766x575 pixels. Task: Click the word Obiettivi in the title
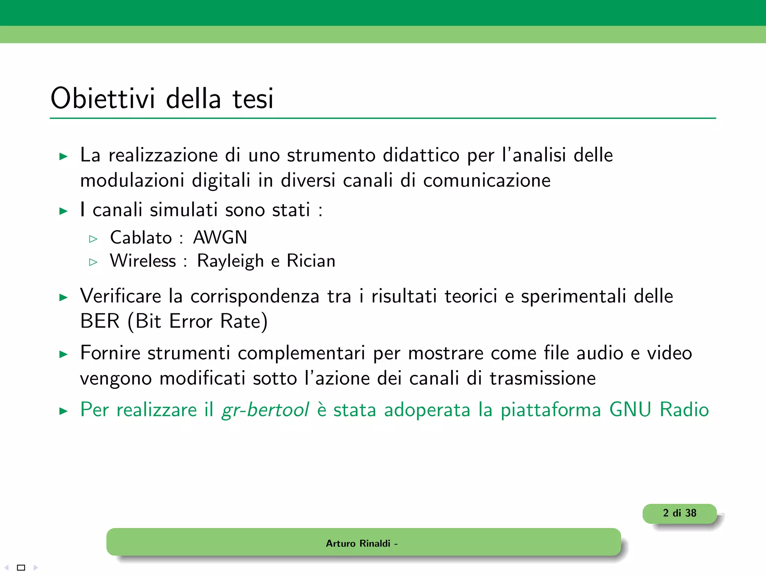pos(102,98)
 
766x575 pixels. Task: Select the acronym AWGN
pos(220,237)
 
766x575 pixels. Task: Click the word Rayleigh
pos(230,261)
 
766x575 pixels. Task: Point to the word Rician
pos(311,261)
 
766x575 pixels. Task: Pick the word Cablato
pos(141,237)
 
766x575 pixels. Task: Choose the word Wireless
pos(143,261)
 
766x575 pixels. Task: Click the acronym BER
pos(100,321)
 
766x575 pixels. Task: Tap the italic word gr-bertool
pos(265,410)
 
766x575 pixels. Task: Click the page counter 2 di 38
pos(680,513)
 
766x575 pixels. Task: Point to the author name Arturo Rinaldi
pos(358,543)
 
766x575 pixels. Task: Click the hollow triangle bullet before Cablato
pos(93,239)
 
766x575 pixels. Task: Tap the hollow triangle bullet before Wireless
pos(93,262)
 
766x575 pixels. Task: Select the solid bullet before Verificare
pos(64,298)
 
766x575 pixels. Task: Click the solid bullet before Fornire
pos(64,354)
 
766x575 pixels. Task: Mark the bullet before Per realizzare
pos(64,411)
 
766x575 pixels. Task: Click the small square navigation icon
pos(21,568)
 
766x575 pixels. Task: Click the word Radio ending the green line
pos(684,410)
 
